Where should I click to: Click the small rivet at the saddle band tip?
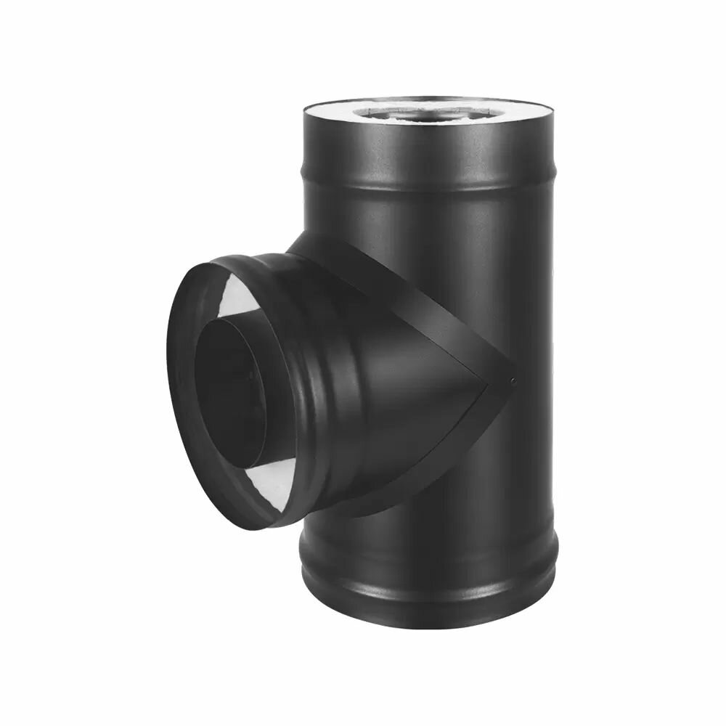pyautogui.click(x=513, y=381)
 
